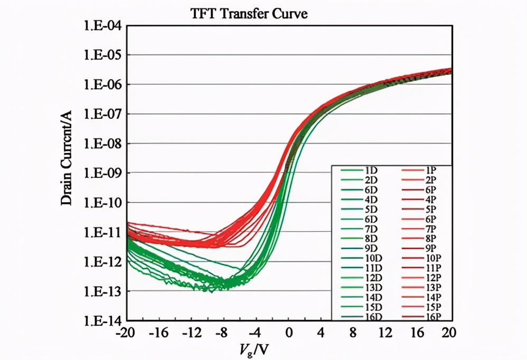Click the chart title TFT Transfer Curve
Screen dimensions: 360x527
click(248, 14)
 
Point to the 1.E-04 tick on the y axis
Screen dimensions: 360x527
click(103, 25)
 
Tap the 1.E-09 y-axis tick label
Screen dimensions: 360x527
click(103, 173)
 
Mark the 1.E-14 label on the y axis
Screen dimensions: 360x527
click(103, 320)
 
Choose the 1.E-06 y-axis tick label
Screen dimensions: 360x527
click(103, 84)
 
